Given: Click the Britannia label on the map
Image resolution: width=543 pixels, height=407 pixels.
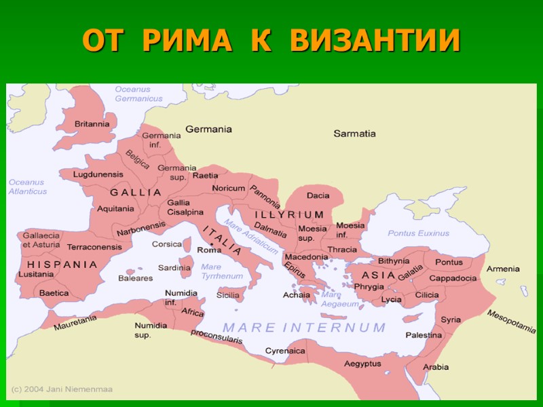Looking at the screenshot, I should coord(92,124).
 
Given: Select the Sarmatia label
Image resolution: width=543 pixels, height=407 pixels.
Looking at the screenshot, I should coord(354,134).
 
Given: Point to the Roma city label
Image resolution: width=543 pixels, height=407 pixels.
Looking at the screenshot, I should coord(209,250).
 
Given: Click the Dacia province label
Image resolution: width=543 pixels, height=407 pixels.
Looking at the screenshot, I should coord(318,195).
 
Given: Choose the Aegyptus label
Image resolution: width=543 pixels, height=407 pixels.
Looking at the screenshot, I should coord(363,364).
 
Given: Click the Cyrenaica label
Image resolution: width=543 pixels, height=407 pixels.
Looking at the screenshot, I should coord(284,351).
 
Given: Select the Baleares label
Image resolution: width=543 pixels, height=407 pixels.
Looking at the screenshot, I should coord(135,278).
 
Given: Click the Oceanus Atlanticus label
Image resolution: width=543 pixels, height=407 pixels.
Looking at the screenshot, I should coord(28,187).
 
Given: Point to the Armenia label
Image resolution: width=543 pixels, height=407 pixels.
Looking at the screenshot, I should coord(503,269).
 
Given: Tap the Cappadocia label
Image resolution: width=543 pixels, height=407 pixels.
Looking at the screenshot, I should coord(453,278).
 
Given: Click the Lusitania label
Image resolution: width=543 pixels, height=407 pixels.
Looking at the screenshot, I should coord(36,274).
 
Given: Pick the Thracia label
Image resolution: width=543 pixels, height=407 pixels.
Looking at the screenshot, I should coord(342,250).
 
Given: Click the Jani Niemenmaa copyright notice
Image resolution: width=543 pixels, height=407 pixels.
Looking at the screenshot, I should coord(62,389).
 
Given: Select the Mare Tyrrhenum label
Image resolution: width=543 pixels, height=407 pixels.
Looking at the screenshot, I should coord(221,271).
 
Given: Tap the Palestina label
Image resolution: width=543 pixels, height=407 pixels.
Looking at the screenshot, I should coord(424,335).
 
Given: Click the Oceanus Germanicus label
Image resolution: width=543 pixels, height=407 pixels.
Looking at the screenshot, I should coord(138,94).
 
